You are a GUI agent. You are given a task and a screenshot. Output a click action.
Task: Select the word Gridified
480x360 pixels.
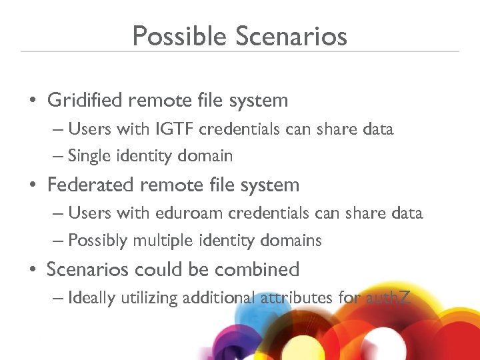tap(85, 101)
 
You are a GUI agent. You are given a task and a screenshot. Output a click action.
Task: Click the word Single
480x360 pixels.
tap(90, 157)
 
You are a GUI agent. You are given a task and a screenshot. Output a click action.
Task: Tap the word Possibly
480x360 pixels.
tap(97, 241)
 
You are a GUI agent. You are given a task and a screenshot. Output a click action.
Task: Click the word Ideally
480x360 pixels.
tap(92, 298)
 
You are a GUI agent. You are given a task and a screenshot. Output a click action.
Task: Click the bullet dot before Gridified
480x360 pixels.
tap(32, 101)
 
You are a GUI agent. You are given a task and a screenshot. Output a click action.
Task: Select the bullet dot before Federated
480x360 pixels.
tap(32, 185)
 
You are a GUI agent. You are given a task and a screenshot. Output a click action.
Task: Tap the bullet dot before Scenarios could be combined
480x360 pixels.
tap(32, 270)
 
